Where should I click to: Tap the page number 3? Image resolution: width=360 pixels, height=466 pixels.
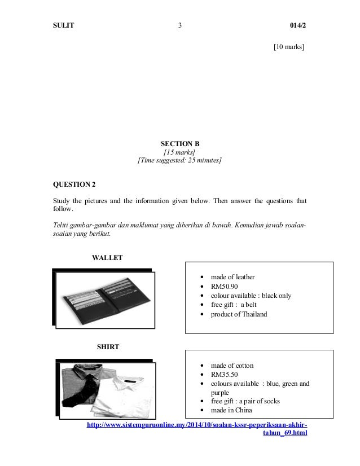point(179,25)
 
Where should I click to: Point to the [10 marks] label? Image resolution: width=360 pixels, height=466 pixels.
point(289,47)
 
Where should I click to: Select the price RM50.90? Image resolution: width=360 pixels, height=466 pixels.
point(225,286)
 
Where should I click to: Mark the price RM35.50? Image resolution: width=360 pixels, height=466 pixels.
point(225,375)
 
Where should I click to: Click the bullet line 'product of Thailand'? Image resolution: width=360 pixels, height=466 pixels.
point(239,314)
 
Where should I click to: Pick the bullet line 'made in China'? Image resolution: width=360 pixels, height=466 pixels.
point(231,410)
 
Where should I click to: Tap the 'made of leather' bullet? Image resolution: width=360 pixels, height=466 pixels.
point(232,277)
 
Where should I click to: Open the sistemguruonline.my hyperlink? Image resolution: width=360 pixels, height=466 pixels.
point(197,424)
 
